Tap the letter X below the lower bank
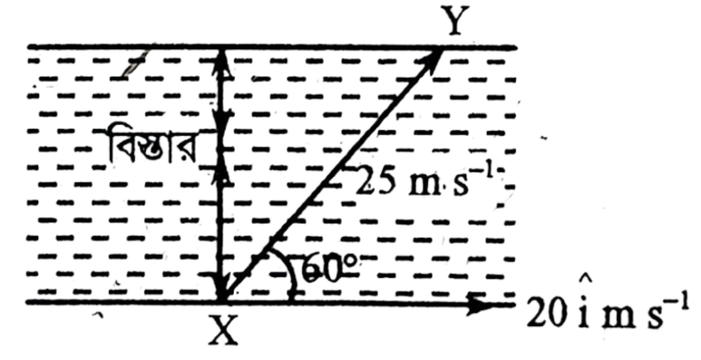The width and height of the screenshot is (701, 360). tap(223, 330)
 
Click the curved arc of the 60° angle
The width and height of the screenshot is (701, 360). tap(289, 272)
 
